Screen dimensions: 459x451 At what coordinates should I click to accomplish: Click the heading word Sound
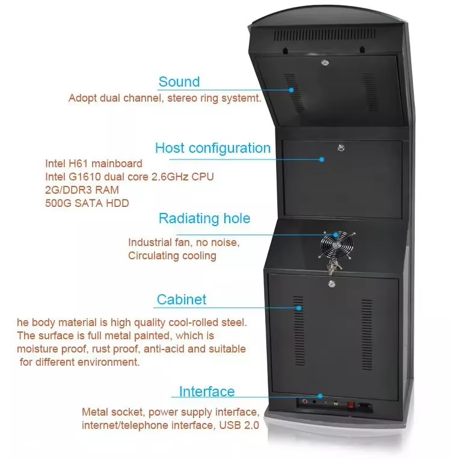tap(179, 82)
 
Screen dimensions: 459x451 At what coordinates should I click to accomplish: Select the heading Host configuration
tap(212, 148)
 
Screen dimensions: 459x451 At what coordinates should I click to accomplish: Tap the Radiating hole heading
tap(204, 218)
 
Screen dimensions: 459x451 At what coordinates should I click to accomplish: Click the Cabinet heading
tap(181, 299)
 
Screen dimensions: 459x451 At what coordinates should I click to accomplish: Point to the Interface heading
tap(206, 392)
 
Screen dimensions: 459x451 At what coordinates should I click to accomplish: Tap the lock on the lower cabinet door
tap(331, 283)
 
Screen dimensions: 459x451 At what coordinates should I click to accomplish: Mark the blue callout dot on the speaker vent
tap(292, 90)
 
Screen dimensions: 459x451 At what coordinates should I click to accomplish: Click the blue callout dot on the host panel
tap(322, 159)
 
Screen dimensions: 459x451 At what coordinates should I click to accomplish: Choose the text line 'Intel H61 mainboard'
tap(94, 163)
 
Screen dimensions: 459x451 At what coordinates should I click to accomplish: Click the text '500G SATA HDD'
tap(87, 203)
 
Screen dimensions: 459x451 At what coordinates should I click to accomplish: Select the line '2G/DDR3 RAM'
tap(82, 189)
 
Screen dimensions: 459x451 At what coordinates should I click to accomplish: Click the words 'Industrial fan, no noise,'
tap(183, 242)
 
